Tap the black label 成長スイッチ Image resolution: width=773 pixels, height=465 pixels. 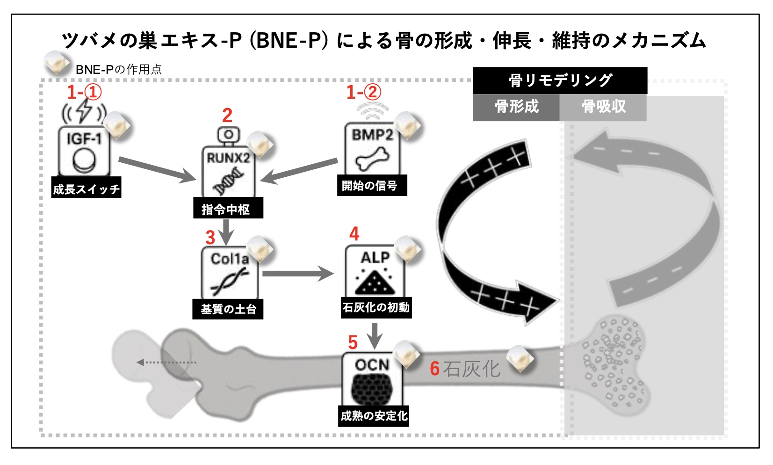click(86, 188)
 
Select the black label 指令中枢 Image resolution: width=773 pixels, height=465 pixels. click(228, 208)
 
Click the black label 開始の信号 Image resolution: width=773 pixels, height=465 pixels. click(371, 185)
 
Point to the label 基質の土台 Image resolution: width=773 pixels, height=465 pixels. click(228, 309)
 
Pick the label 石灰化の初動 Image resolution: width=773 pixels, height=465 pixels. click(376, 307)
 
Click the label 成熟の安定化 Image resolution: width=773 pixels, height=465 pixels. click(374, 415)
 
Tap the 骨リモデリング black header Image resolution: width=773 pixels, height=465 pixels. click(560, 80)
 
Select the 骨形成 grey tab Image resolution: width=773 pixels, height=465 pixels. click(516, 107)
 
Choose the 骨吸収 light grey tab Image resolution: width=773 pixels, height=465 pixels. click(603, 107)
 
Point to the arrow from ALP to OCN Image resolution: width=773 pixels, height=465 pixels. click(374, 335)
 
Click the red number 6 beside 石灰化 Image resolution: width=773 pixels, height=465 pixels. click(434, 369)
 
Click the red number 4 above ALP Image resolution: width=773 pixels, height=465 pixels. click(354, 234)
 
